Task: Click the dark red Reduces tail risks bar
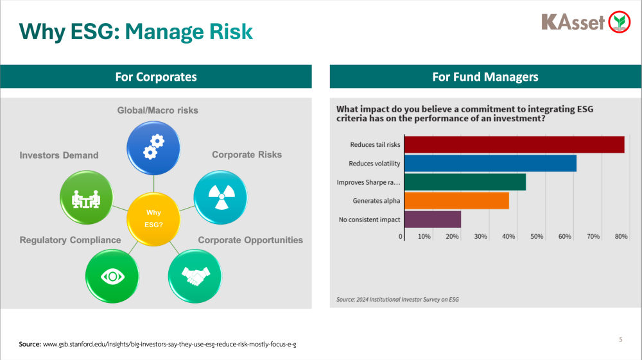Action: click(x=514, y=144)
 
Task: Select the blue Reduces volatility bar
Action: click(x=490, y=163)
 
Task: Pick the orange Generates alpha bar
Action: click(x=456, y=200)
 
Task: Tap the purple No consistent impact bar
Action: click(x=433, y=219)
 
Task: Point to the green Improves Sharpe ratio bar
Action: click(x=465, y=182)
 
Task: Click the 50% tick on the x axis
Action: click(x=537, y=236)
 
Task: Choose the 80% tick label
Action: click(x=621, y=236)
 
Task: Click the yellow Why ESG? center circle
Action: click(x=153, y=219)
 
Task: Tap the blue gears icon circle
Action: click(x=153, y=148)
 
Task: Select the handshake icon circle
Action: click(x=195, y=276)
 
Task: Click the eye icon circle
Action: click(x=112, y=276)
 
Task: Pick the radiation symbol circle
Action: click(x=221, y=197)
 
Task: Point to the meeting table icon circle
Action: click(x=87, y=197)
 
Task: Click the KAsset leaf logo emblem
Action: click(x=619, y=22)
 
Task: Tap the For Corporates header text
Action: click(x=156, y=77)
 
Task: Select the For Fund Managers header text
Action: click(x=485, y=77)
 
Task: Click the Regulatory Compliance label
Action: click(x=71, y=240)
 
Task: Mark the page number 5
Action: click(x=621, y=339)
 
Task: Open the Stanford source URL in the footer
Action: click(x=169, y=345)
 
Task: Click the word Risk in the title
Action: click(x=231, y=31)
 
